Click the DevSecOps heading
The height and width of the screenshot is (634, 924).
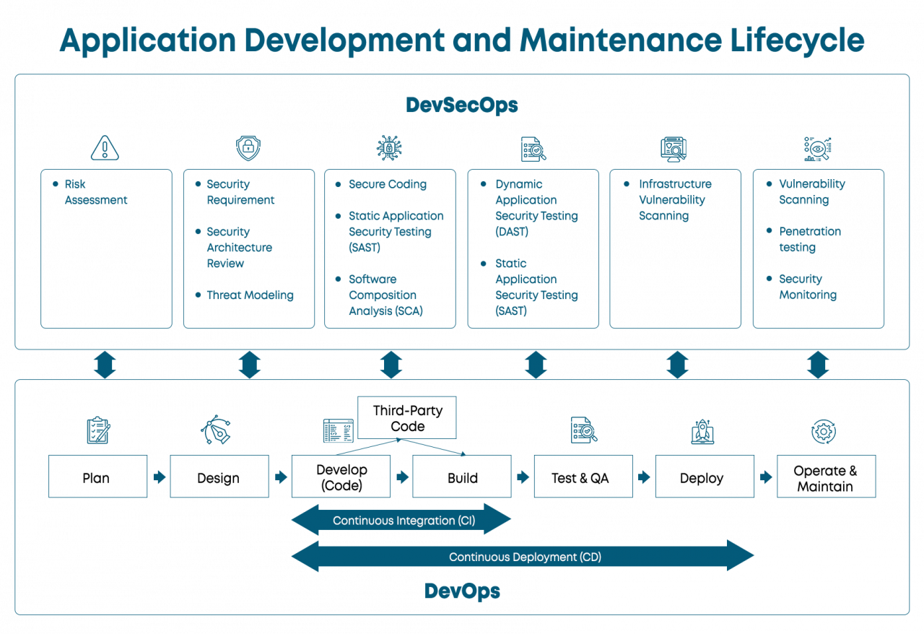(x=461, y=105)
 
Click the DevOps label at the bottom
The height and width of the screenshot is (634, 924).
(x=462, y=591)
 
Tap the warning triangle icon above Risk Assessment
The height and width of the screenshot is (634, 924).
(x=105, y=148)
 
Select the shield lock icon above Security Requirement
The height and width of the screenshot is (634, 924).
(x=248, y=148)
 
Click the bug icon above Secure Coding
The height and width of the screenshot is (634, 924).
(x=390, y=148)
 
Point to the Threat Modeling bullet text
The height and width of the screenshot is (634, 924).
(x=250, y=295)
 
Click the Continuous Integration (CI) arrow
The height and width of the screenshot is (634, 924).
(x=401, y=520)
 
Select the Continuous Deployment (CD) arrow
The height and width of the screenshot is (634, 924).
(x=523, y=557)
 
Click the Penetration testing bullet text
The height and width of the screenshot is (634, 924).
(x=809, y=240)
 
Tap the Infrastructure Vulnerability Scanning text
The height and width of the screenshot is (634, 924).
(x=674, y=200)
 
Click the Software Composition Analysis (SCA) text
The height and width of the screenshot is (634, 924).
(x=385, y=295)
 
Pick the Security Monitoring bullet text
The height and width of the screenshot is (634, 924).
(x=807, y=287)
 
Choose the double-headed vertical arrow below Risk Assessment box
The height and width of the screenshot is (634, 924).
(x=105, y=365)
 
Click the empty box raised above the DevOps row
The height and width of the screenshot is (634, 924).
(x=407, y=417)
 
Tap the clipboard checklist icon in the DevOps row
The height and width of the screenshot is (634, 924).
(x=97, y=430)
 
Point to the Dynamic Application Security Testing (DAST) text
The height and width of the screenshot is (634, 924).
(x=536, y=208)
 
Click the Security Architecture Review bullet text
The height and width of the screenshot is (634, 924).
(x=238, y=248)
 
